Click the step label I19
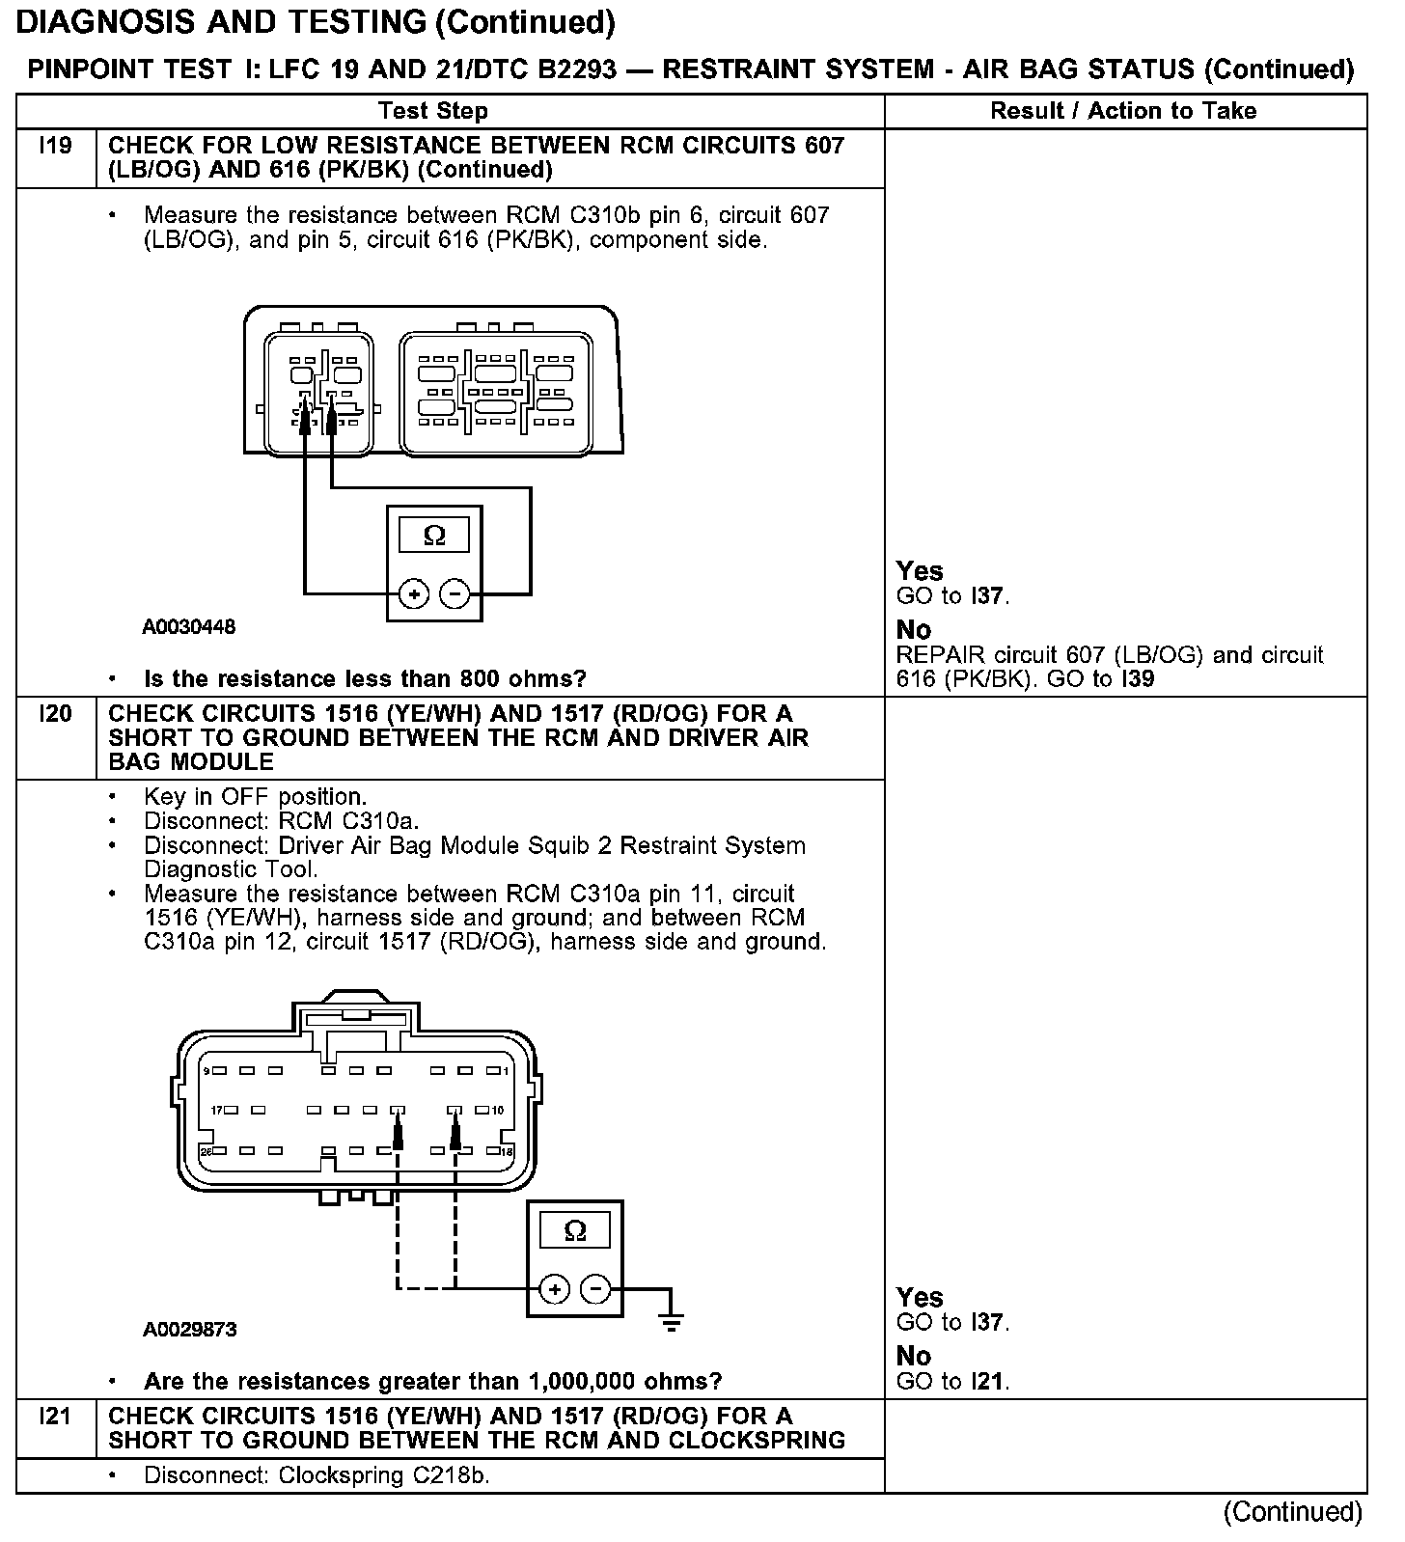[55, 147]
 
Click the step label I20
[55, 714]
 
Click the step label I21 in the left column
[55, 1417]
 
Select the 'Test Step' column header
[433, 111]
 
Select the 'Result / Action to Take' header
[1123, 111]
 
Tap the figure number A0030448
[189, 627]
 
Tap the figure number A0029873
[190, 1330]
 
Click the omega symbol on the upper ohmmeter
[434, 536]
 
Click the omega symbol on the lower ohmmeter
[574, 1231]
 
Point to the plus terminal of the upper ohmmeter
[415, 594]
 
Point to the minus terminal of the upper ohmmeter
[455, 594]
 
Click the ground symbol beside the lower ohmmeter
[672, 1320]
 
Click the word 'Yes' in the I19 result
[919, 571]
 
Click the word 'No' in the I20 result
[913, 1356]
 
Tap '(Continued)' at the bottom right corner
[1293, 1512]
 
